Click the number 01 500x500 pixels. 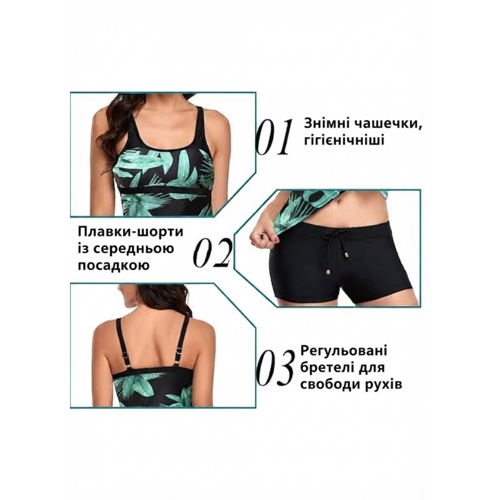pos(275,137)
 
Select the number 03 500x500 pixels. pos(276,368)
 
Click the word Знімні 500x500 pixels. pos(326,123)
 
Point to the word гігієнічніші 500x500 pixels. pos(344,139)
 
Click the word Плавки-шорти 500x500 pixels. pos(131,232)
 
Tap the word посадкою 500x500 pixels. pos(114,265)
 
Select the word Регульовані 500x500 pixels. pos(344,351)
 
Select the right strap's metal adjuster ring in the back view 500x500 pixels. pos(179,351)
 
